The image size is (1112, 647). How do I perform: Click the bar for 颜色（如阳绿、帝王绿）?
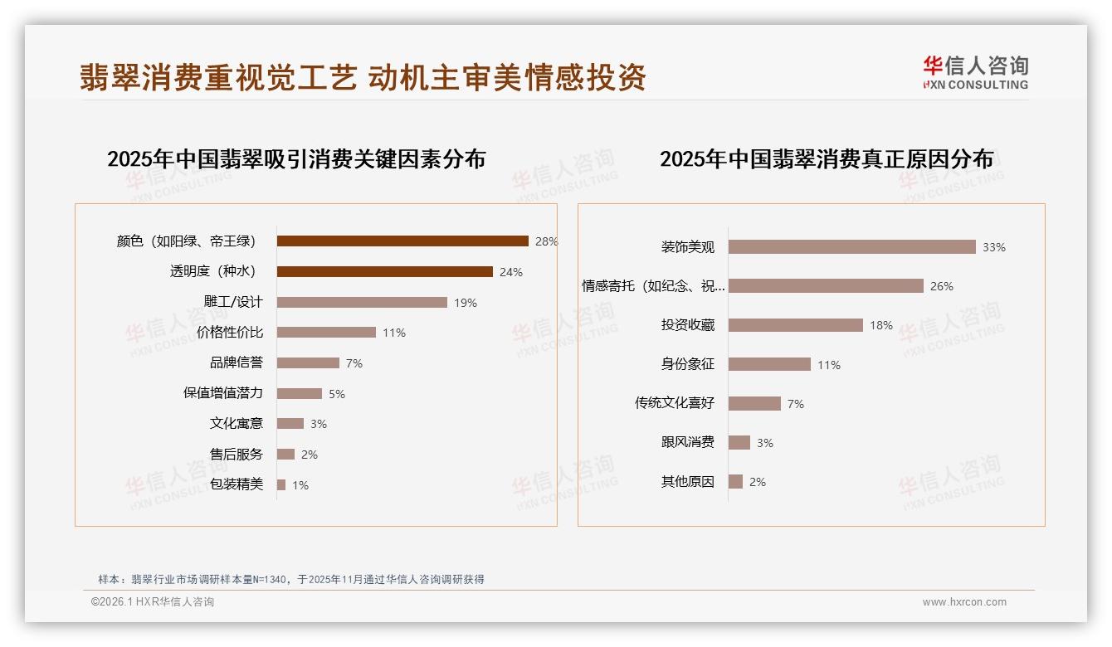pyautogui.click(x=402, y=241)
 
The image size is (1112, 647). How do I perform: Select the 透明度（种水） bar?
pyautogui.click(x=384, y=272)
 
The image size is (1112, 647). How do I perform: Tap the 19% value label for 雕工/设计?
pyautogui.click(x=466, y=303)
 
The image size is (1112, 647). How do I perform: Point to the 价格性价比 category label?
pyautogui.click(x=230, y=333)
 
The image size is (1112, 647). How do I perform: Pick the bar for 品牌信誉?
pyautogui.click(x=308, y=363)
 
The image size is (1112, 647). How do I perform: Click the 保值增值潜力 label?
pyautogui.click(x=223, y=393)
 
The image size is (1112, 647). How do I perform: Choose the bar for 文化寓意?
pyautogui.click(x=290, y=424)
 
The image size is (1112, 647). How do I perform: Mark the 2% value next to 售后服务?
pyautogui.click(x=310, y=455)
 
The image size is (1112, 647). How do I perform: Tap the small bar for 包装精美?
pyautogui.click(x=281, y=484)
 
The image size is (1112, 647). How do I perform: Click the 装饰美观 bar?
pyautogui.click(x=851, y=247)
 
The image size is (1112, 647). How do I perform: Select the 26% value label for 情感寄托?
pyautogui.click(x=942, y=286)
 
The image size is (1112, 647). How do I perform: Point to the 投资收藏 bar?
pyautogui.click(x=795, y=325)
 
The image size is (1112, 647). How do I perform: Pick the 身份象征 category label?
pyautogui.click(x=687, y=364)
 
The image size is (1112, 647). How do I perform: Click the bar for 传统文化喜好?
pyautogui.click(x=754, y=403)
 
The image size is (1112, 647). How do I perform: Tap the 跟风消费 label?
pyautogui.click(x=687, y=442)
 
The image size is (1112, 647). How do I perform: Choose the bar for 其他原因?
pyautogui.click(x=735, y=482)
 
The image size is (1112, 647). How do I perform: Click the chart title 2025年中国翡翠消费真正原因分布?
pyautogui.click(x=827, y=159)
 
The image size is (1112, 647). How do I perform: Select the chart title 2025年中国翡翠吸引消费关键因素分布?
pyautogui.click(x=296, y=159)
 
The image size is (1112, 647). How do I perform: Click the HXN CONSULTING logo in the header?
pyautogui.click(x=975, y=73)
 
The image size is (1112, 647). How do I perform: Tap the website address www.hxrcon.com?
pyautogui.click(x=964, y=602)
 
